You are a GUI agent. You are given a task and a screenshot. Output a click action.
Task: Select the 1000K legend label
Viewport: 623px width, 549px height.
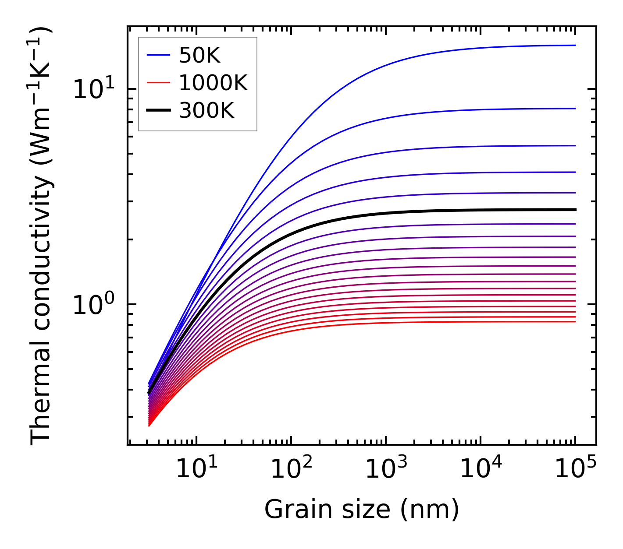[213, 83]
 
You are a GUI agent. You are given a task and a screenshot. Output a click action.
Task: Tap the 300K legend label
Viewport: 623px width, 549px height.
[206, 111]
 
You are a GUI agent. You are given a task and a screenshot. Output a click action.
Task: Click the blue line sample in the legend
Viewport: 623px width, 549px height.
[158, 55]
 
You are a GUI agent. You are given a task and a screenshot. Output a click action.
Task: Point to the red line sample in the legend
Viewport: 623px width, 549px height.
[158, 83]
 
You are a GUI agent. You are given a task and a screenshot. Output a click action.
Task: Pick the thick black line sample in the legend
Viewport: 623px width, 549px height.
[158, 111]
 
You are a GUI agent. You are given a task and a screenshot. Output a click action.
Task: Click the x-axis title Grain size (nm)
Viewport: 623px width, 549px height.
[362, 510]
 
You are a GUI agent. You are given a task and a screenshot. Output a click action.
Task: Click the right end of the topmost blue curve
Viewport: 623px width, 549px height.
[574, 45]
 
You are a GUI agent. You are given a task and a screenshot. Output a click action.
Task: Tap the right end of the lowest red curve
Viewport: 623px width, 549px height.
[574, 322]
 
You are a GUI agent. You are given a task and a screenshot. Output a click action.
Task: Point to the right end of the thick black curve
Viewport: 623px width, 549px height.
[574, 210]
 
